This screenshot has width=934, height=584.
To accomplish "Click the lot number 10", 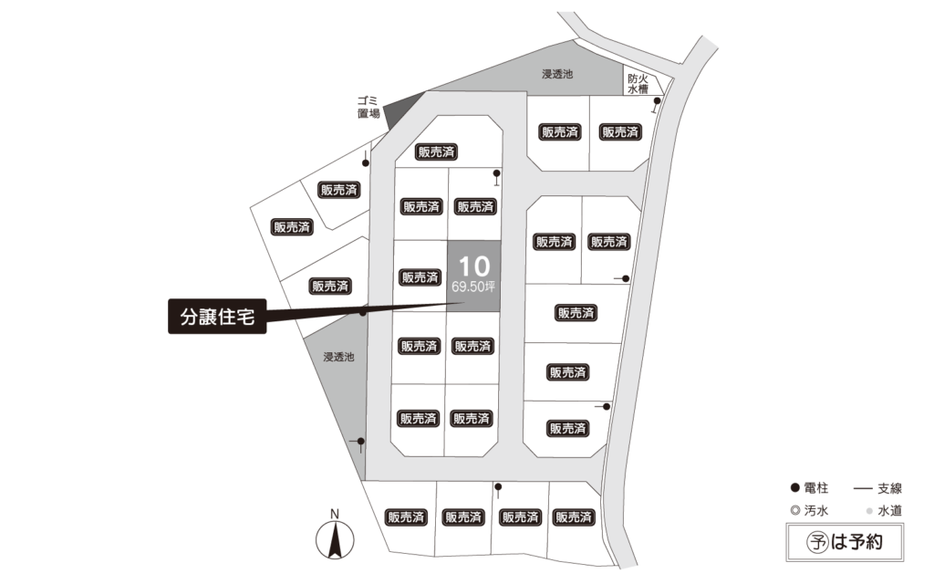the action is click(474, 266).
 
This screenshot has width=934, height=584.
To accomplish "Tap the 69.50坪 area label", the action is click(473, 287).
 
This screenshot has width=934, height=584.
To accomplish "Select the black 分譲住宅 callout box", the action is click(217, 316).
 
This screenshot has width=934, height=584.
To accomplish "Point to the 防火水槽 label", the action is click(638, 84).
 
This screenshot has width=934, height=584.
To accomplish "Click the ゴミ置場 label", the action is click(368, 107).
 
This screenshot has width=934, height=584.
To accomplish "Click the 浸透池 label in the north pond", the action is click(557, 74).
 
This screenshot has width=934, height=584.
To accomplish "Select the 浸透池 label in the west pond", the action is click(338, 357).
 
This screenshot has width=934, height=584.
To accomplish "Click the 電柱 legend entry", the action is click(810, 488).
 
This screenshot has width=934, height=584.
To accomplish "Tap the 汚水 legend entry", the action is click(810, 511).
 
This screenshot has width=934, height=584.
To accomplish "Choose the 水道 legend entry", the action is click(884, 511).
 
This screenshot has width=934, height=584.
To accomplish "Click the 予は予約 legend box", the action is click(845, 542).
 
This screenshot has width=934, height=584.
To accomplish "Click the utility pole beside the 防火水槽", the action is click(657, 101).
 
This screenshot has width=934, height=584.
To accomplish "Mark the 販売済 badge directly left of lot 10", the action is click(420, 277).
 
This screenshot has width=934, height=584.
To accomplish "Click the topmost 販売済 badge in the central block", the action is click(437, 152).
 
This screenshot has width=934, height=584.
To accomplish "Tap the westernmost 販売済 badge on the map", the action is click(292, 227).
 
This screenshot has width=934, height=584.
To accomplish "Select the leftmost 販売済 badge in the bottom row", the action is click(406, 517).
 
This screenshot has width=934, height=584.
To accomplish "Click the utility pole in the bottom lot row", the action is click(498, 487).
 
